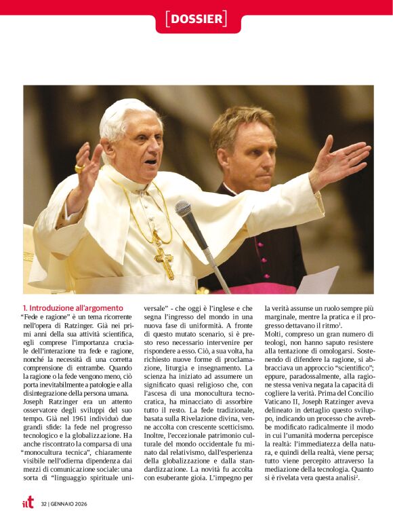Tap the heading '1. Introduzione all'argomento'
pyautogui.click(x=73, y=307)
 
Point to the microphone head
pyautogui.click(x=184, y=208)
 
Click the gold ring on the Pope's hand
pyautogui.click(x=79, y=167)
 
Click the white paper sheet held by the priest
pyautogui.click(x=318, y=280)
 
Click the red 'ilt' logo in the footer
pyautogui.click(x=28, y=502)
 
